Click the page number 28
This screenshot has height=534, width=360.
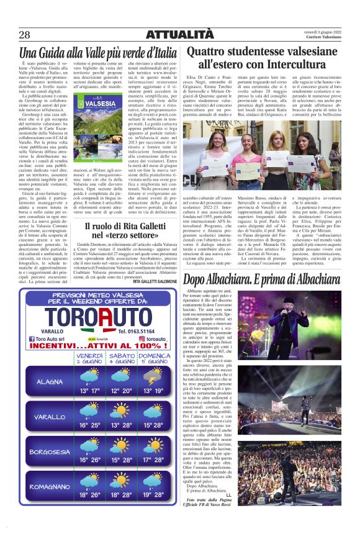point(25,34)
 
